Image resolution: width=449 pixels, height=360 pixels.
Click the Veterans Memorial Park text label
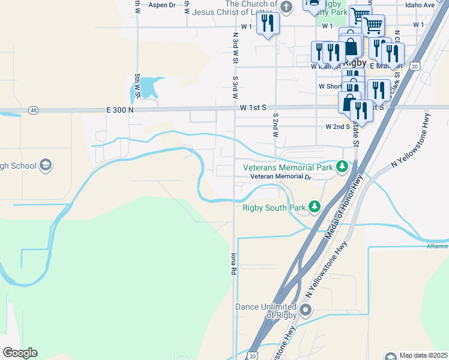pos(287,167)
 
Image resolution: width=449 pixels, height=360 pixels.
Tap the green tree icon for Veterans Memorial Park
pos(342,166)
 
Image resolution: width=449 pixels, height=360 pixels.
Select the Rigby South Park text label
pos(274,208)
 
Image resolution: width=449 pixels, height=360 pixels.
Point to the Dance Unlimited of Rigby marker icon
pos(306,310)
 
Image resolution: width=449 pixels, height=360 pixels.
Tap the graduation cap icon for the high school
pos(46,166)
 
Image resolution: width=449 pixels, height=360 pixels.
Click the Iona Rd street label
pos(232,263)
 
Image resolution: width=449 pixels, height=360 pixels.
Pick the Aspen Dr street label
pos(161,5)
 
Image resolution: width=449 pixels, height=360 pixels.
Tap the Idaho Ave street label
pos(419,5)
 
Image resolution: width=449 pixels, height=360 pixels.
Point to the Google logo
pos(20,353)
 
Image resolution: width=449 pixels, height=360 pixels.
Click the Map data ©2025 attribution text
pos(424,355)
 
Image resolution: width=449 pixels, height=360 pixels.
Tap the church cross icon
pos(286,7)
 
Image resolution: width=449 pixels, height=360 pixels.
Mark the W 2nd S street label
pos(337,127)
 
